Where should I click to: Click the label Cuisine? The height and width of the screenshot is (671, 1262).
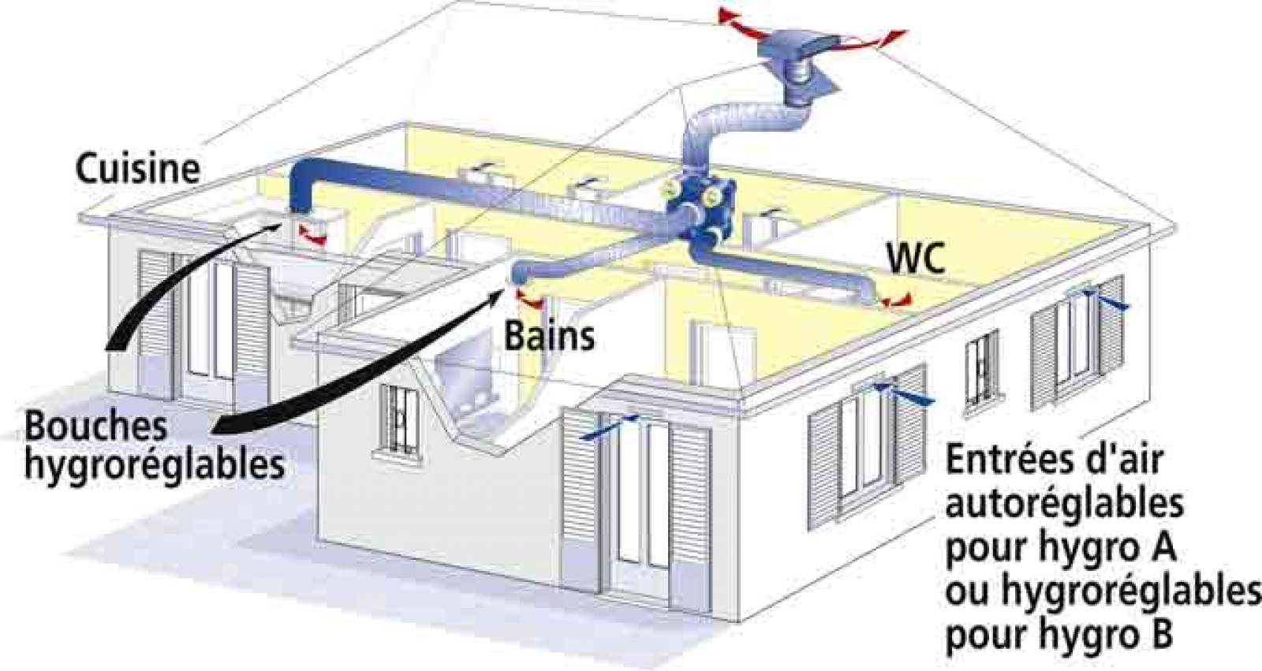pyautogui.click(x=137, y=168)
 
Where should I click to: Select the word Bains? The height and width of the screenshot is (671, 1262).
pyautogui.click(x=549, y=336)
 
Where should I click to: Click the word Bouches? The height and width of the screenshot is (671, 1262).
pyautogui.click(x=95, y=427)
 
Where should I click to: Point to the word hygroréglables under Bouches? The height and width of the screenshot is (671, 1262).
pyautogui.click(x=154, y=465)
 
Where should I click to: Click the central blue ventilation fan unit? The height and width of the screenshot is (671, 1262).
pyautogui.click(x=697, y=205)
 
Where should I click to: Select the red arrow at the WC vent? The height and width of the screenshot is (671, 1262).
pyautogui.click(x=897, y=300)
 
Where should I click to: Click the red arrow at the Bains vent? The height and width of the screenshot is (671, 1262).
pyautogui.click(x=530, y=300)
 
